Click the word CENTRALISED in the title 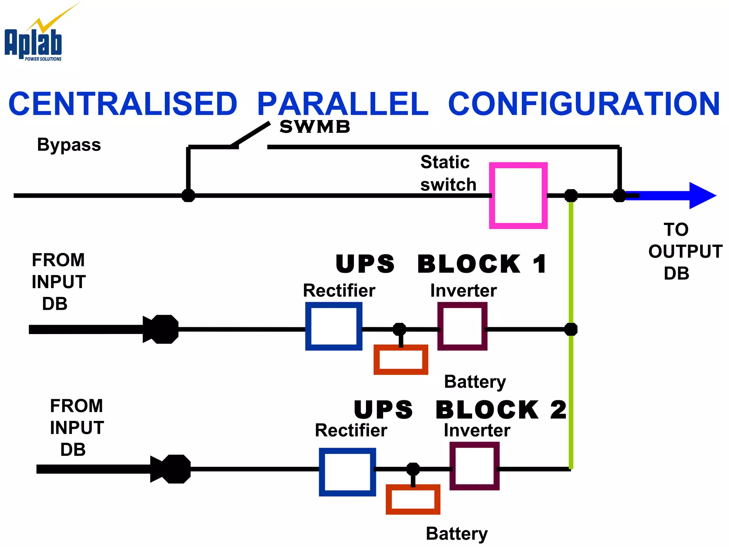pyautogui.click(x=123, y=104)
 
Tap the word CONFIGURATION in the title pyautogui.click(x=584, y=104)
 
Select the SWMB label pyautogui.click(x=315, y=127)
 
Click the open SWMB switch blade pyautogui.click(x=251, y=134)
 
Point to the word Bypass pyautogui.click(x=69, y=145)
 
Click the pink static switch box pyautogui.click(x=518, y=196)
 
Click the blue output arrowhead pyautogui.click(x=701, y=196)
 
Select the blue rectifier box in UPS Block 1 pyautogui.click(x=334, y=326)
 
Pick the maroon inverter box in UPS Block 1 pyautogui.click(x=462, y=326)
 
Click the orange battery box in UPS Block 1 pyautogui.click(x=400, y=359)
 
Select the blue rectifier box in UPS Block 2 pyautogui.click(x=347, y=472)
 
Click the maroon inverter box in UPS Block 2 pyautogui.click(x=474, y=466)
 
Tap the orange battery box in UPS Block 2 pyautogui.click(x=413, y=499)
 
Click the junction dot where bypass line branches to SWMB pyautogui.click(x=188, y=196)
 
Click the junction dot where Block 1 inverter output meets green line pyautogui.click(x=571, y=329)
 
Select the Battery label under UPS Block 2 pyautogui.click(x=457, y=533)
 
